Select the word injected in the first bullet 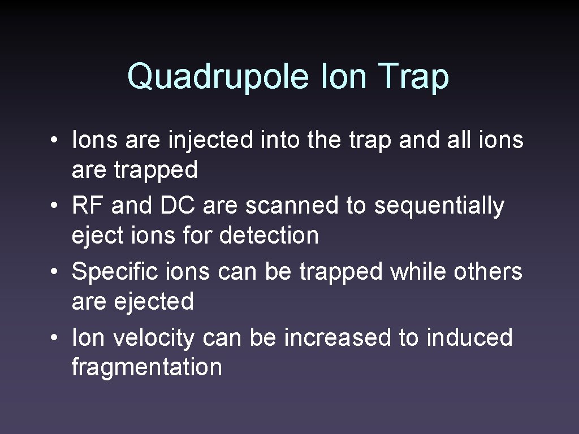click(x=211, y=140)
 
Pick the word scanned click(x=291, y=206)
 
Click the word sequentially click(x=439, y=207)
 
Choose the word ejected click(x=154, y=302)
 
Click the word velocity click(x=153, y=338)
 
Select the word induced click(x=469, y=338)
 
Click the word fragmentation click(x=147, y=367)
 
